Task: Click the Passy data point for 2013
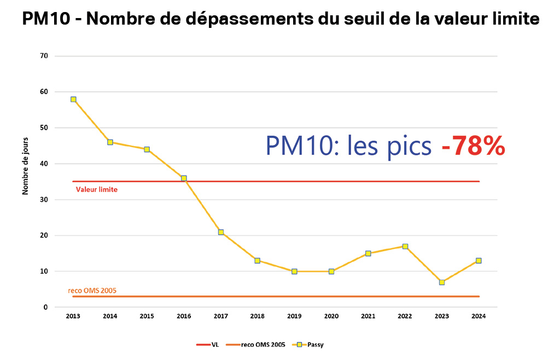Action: pos(73,100)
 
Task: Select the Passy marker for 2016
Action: pos(184,178)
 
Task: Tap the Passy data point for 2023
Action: pos(442,282)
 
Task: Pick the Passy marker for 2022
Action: pos(405,246)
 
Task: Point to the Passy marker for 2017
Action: pos(221,232)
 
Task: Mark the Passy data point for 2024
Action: pos(479,260)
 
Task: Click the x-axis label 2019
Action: pos(294,317)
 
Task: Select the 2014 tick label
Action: pos(110,317)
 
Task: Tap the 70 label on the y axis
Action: pos(44,56)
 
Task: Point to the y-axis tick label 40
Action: pos(44,164)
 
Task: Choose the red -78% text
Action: pos(472,146)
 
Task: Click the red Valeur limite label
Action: pos(97,189)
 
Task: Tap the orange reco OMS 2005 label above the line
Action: pos(92,291)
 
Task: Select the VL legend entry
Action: pos(208,345)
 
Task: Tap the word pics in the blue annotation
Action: pos(412,146)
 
